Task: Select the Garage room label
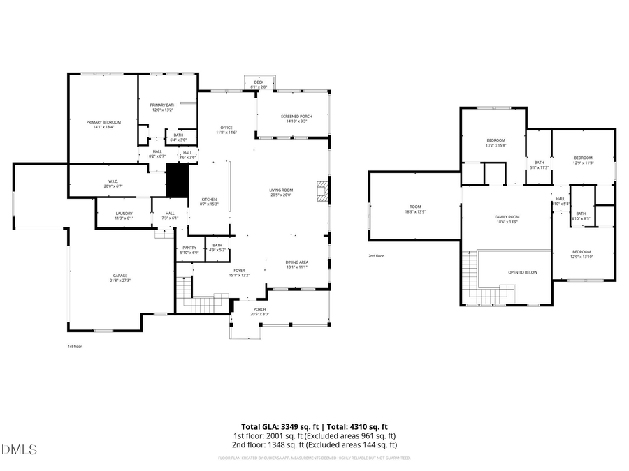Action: [x=120, y=278]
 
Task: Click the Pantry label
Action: [x=189, y=249]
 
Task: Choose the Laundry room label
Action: [x=124, y=216]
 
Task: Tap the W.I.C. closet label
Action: [x=113, y=184]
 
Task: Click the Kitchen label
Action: [x=210, y=202]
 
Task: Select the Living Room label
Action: [x=281, y=193]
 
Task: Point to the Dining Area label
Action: [x=297, y=264]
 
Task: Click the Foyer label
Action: [x=239, y=272]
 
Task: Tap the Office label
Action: [x=226, y=130]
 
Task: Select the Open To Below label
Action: [x=523, y=272]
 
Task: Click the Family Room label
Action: [x=507, y=219]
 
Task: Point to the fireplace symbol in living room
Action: [x=322, y=192]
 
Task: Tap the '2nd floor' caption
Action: [x=377, y=256]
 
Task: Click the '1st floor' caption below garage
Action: [x=75, y=347]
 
